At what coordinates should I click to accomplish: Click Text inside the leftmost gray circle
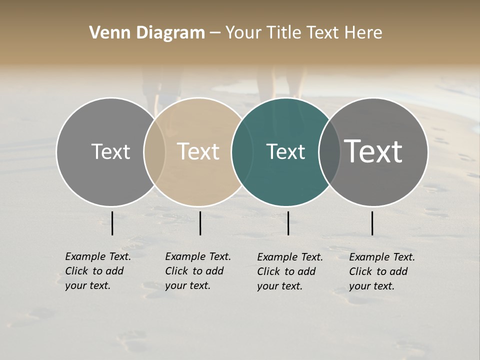(x=110, y=151)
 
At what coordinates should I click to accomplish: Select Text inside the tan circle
(x=198, y=151)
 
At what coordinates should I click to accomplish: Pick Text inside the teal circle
(x=285, y=151)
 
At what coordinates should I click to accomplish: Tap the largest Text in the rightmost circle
(x=373, y=151)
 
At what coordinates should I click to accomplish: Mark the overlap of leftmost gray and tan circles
(x=154, y=152)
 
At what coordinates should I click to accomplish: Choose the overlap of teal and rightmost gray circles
(x=329, y=152)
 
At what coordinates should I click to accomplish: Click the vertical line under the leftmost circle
(x=112, y=223)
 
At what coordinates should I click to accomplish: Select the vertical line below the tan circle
(x=200, y=223)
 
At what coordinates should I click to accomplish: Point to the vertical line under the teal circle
(x=288, y=223)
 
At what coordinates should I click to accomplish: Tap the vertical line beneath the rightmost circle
(x=372, y=223)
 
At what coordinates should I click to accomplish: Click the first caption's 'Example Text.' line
(x=98, y=256)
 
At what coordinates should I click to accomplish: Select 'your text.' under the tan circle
(x=187, y=285)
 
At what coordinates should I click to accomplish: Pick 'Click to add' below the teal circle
(x=286, y=271)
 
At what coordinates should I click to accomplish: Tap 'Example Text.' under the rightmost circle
(x=382, y=257)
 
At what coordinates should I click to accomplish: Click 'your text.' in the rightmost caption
(x=371, y=286)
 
